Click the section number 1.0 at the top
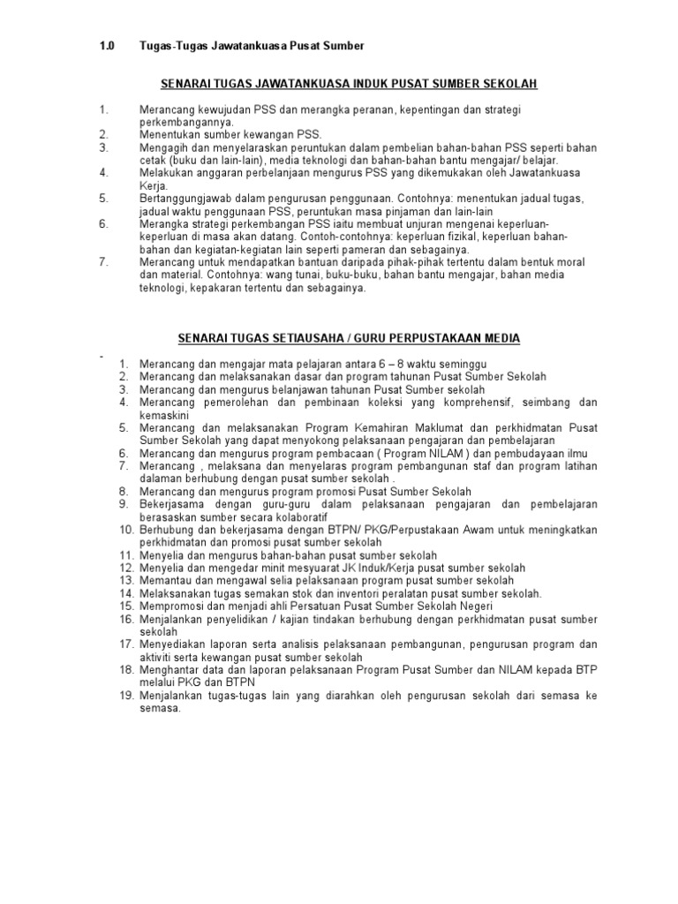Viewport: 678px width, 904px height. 107,45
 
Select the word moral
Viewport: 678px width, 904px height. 564,262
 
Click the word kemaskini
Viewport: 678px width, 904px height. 169,415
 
